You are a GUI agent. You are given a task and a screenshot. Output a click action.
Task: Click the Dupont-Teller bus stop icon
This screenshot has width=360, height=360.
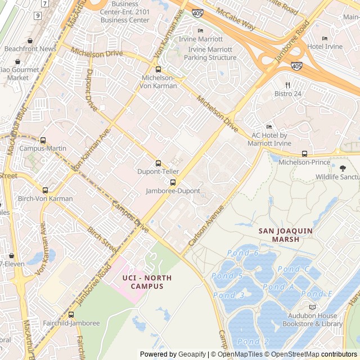click(158, 163)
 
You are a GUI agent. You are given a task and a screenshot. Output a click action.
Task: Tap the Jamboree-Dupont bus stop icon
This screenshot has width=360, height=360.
click(173, 182)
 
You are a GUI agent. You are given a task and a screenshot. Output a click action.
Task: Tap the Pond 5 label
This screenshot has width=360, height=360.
click(227, 276)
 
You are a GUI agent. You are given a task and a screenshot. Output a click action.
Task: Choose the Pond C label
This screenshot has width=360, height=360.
click(293, 269)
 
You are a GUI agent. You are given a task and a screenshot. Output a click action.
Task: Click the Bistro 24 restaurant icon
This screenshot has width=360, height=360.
click(287, 85)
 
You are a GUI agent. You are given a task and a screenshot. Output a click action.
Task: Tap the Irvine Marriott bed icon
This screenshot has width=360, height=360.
click(200, 31)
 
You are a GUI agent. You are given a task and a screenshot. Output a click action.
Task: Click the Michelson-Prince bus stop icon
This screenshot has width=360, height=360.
click(304, 154)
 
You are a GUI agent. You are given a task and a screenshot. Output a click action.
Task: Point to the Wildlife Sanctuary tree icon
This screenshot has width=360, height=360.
click(343, 168)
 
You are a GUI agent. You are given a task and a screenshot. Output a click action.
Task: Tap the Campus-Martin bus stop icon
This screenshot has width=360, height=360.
click(43, 140)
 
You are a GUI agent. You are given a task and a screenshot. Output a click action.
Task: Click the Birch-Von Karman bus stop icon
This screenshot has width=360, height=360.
click(45, 190)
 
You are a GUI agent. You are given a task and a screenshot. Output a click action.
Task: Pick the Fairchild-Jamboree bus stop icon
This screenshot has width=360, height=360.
click(71, 315)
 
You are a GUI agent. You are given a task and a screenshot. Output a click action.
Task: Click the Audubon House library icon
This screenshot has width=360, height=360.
click(312, 307)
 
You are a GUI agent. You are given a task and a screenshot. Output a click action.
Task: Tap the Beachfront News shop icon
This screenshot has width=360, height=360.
click(30, 40)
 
